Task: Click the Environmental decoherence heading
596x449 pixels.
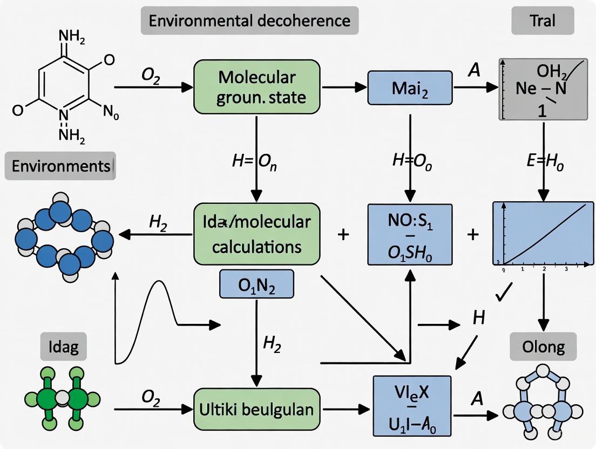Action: click(249, 21)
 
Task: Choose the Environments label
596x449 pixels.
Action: click(60, 165)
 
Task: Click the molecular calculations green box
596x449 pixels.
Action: click(256, 234)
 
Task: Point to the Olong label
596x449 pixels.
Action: click(543, 346)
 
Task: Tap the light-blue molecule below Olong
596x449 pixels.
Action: click(544, 404)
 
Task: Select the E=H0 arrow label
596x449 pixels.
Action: click(544, 164)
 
